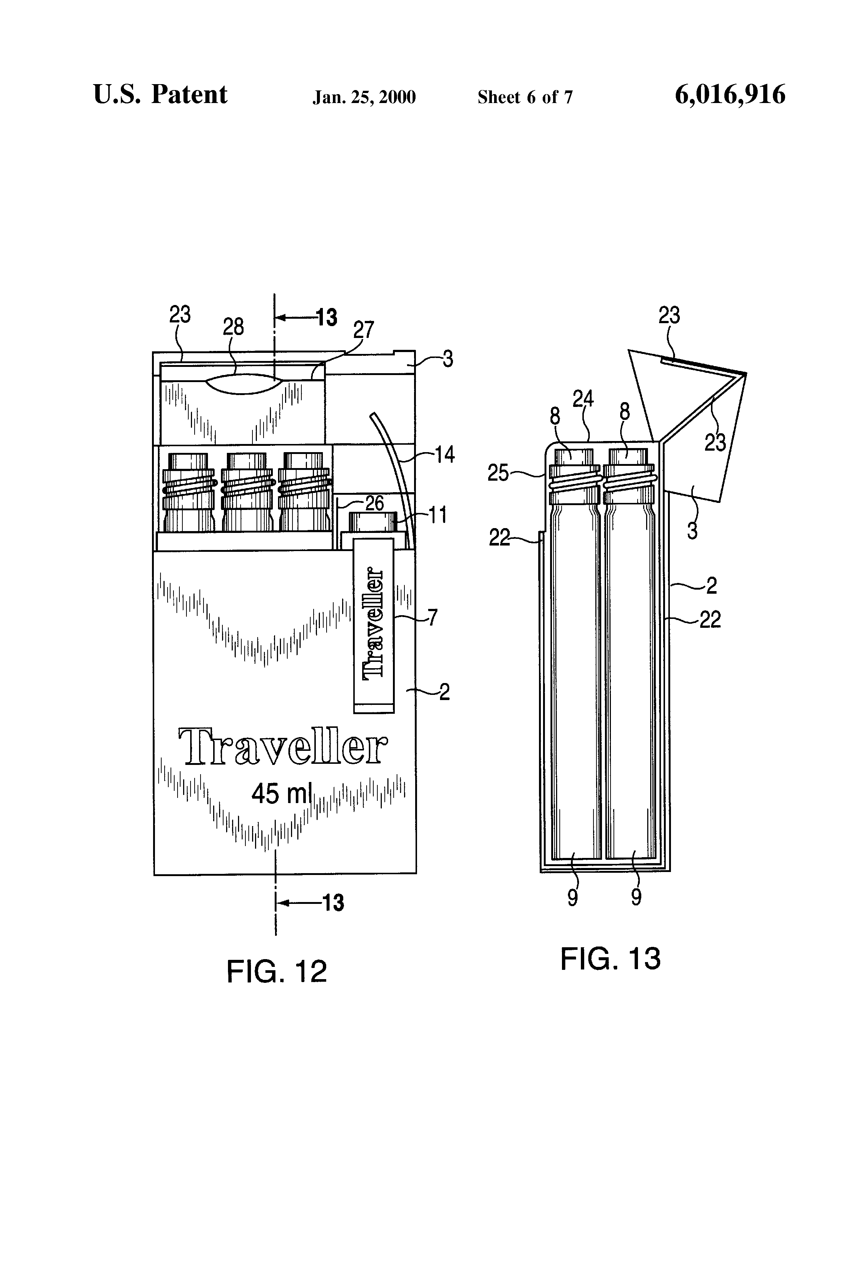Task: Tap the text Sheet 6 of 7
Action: [x=525, y=97]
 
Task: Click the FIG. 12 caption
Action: [x=276, y=971]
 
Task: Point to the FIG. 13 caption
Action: [x=610, y=958]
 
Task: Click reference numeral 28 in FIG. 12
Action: [x=233, y=326]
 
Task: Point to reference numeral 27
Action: [x=364, y=330]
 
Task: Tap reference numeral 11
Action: [x=438, y=515]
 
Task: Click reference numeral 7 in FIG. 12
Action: [x=432, y=617]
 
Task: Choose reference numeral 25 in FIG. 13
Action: [x=498, y=473]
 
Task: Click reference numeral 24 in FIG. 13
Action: [x=583, y=400]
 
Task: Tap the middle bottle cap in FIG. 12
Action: [x=246, y=461]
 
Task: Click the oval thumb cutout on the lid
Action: [x=245, y=382]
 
